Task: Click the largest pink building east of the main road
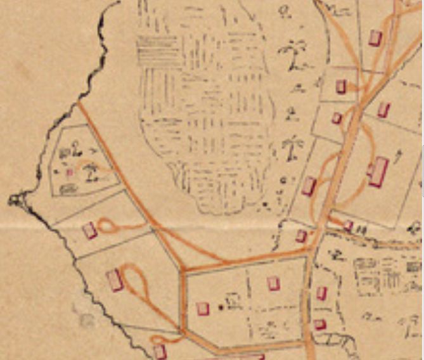[378, 172]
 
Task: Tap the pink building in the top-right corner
[375, 37]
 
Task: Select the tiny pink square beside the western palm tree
[70, 171]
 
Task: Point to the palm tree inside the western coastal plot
[91, 171]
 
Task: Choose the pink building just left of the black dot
[203, 308]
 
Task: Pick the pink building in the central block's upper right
[273, 283]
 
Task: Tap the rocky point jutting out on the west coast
[14, 200]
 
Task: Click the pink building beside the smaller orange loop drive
[90, 230]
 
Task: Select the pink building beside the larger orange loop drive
[114, 279]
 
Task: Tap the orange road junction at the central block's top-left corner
[183, 271]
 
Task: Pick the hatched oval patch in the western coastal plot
[68, 188]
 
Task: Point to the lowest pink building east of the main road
[319, 325]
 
